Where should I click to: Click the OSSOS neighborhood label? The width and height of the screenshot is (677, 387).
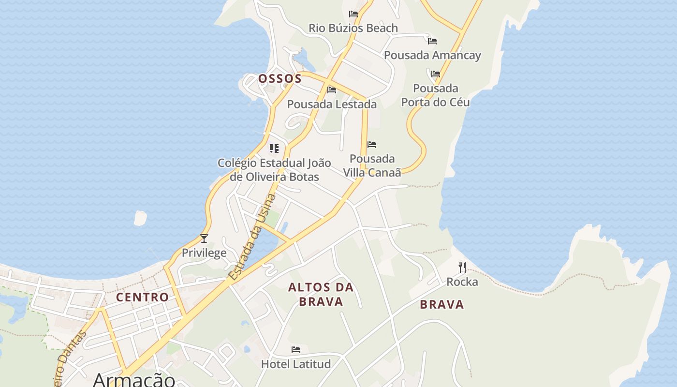(280, 78)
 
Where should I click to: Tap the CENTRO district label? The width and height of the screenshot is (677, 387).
(143, 297)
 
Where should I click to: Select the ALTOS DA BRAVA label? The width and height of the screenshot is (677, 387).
(321, 294)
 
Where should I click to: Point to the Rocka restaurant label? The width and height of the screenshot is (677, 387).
(462, 282)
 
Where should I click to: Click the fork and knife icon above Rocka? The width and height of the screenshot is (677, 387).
(462, 267)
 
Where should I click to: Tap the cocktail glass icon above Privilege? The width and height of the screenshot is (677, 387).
(204, 238)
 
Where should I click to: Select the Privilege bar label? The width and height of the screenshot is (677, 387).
(204, 253)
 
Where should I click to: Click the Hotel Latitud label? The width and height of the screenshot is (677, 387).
(296, 364)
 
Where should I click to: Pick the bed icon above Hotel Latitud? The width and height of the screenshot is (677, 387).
(296, 349)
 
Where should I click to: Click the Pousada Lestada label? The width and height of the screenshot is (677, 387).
(332, 104)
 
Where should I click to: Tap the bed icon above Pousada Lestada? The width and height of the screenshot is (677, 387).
(332, 90)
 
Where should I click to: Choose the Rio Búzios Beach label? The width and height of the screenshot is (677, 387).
(353, 28)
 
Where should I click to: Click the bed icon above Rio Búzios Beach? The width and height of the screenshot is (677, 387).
(353, 14)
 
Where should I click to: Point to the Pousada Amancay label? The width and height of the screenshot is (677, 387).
(432, 55)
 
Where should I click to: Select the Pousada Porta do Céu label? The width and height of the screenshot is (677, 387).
(436, 95)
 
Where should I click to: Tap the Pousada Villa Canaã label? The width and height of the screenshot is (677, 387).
(372, 165)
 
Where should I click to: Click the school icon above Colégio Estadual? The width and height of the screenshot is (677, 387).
(274, 148)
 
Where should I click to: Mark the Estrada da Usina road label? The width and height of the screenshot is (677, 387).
(252, 237)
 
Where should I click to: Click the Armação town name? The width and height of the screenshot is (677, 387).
(134, 379)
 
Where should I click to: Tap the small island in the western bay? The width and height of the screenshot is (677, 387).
(140, 218)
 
